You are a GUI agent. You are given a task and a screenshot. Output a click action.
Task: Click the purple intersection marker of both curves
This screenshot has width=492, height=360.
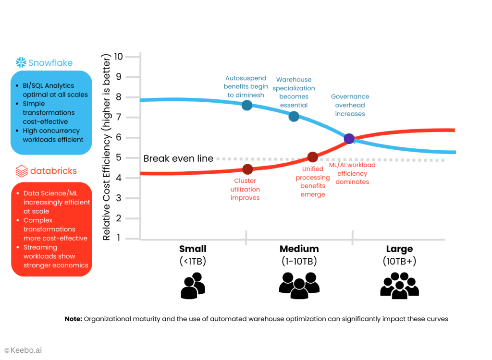click(349, 139)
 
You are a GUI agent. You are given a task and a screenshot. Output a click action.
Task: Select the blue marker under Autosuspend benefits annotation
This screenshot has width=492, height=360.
click(247, 105)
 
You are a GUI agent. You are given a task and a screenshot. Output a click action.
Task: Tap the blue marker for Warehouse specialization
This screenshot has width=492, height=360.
click(294, 116)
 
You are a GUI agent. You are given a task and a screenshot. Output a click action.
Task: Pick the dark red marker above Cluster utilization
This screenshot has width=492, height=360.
click(247, 169)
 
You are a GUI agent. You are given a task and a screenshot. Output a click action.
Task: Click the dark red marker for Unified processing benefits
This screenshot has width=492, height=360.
click(312, 157)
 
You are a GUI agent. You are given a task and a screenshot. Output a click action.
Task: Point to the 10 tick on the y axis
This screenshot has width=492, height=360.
click(118, 57)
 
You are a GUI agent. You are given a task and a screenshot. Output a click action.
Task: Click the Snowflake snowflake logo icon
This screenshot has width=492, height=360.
click(21, 62)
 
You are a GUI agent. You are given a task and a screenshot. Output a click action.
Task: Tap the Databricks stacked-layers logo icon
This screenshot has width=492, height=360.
click(21, 171)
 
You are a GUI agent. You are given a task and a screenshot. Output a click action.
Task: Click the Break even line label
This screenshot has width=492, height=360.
click(178, 158)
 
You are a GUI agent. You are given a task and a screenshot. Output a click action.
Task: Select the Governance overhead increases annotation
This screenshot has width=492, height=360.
click(350, 105)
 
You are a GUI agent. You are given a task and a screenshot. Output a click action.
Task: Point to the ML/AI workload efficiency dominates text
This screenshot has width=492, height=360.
click(352, 173)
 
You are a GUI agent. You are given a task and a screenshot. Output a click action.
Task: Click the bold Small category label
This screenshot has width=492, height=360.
click(193, 249)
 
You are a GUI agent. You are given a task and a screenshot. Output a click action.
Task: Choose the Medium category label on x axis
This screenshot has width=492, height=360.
click(299, 249)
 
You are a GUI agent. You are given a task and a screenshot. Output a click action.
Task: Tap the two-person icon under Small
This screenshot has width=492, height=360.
click(193, 287)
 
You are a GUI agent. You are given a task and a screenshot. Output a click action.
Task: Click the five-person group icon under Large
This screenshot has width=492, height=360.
click(399, 285)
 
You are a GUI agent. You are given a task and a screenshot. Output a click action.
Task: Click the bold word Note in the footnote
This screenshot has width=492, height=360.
click(74, 319)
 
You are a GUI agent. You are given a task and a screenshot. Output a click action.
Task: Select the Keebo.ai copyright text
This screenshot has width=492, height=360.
click(23, 350)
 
